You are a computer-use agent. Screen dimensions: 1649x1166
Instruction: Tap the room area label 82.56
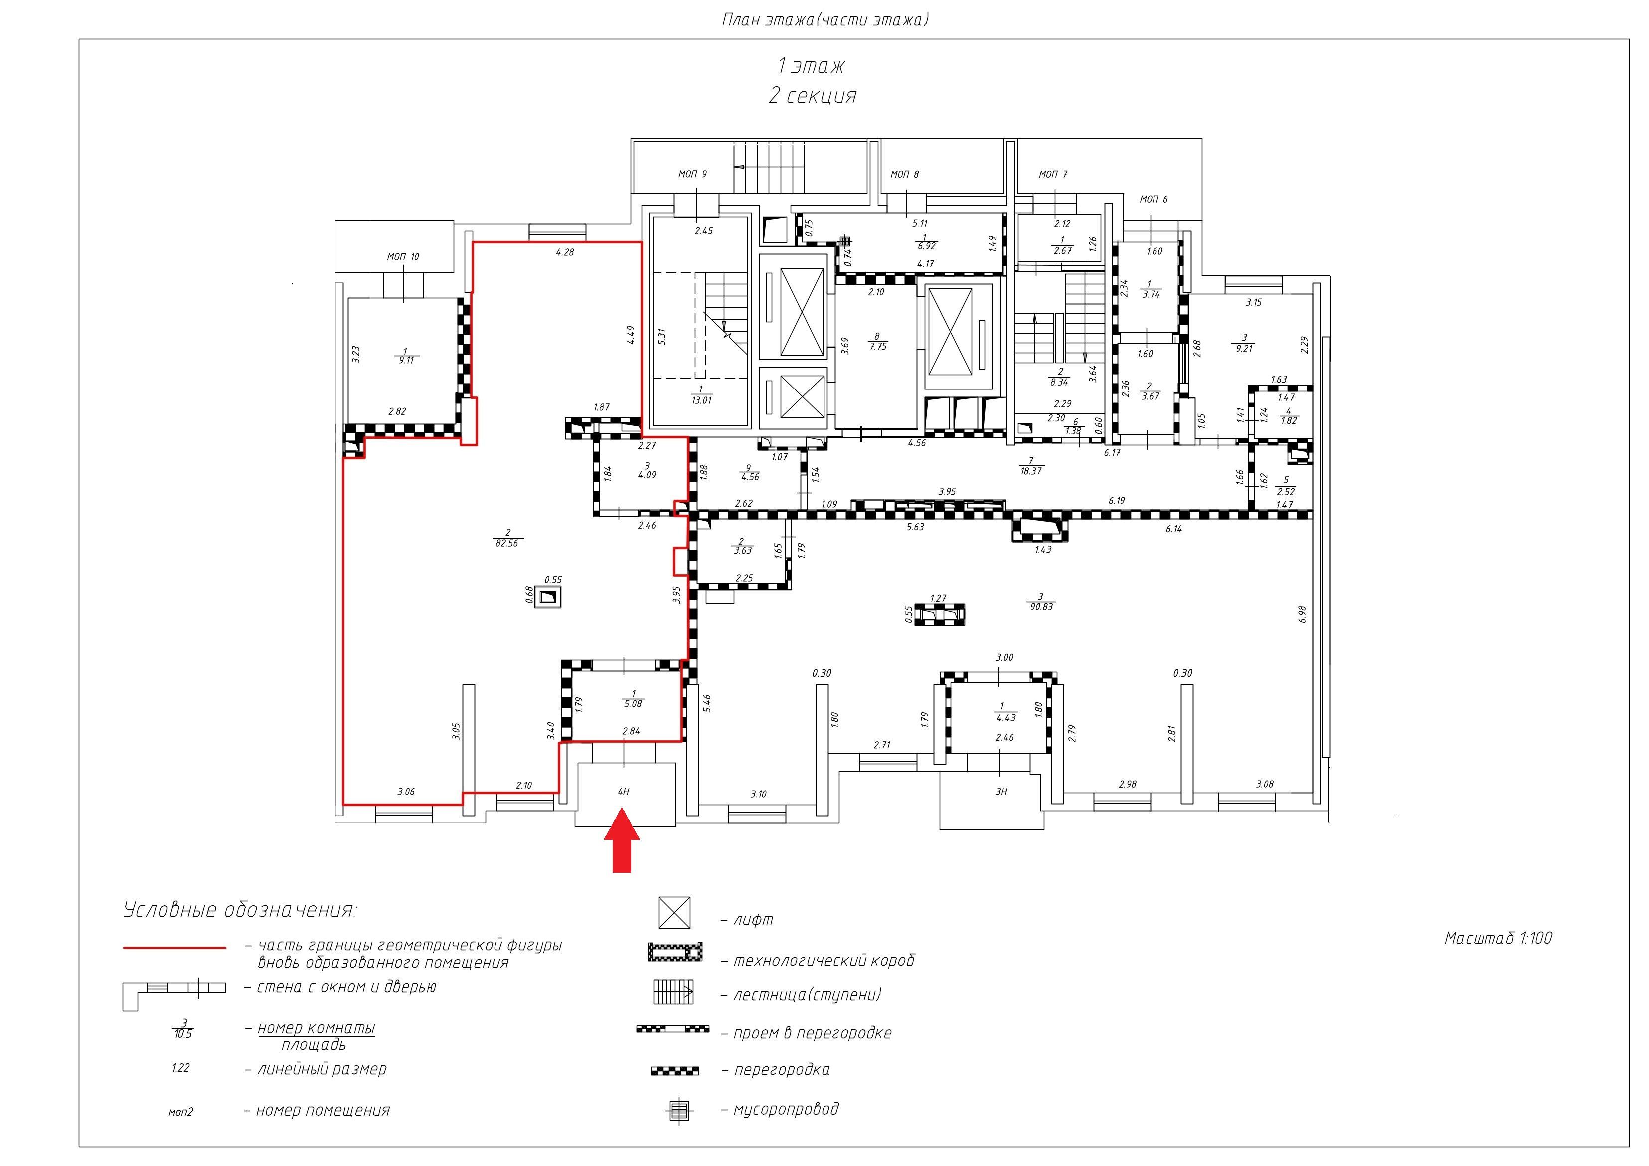506,544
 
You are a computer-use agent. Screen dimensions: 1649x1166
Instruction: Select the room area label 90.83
1041,607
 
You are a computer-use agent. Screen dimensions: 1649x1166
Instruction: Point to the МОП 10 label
403,257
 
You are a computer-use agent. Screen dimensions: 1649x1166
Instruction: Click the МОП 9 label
692,174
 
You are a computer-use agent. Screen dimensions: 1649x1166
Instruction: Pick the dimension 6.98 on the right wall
1302,615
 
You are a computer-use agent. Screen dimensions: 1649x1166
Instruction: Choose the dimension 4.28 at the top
565,253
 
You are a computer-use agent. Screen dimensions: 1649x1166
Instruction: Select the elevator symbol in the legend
674,912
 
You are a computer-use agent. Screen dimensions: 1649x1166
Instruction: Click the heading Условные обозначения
240,910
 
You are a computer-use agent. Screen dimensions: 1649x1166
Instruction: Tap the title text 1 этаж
811,66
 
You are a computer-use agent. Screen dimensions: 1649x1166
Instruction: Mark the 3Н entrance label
1001,791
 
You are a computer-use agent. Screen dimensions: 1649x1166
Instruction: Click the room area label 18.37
1031,471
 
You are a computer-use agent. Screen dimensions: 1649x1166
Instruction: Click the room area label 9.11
406,361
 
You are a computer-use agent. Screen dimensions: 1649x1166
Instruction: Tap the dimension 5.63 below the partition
915,527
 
